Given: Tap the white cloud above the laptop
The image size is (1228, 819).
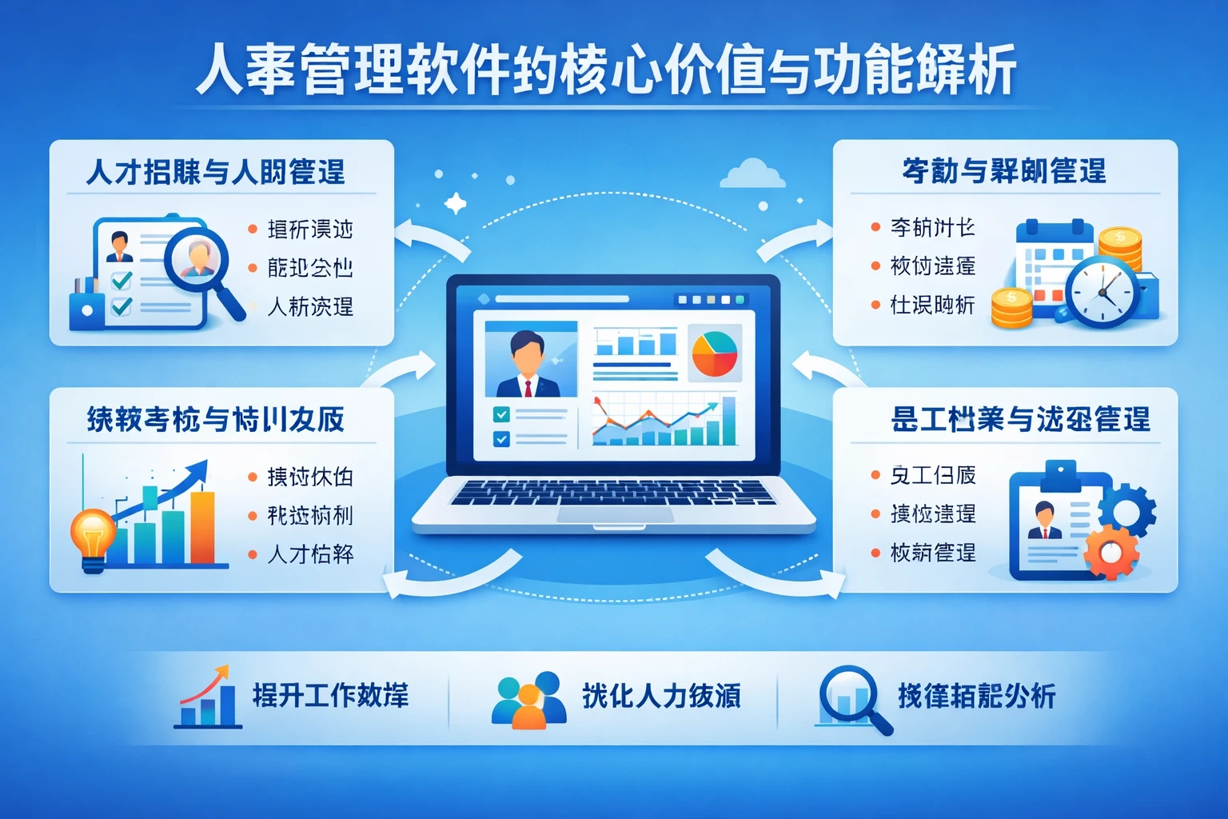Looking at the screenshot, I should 752,174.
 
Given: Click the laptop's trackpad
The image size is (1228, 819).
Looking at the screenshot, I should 614,513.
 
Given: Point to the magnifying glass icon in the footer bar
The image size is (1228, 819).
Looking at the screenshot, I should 852,697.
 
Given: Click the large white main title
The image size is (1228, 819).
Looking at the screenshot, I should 607,70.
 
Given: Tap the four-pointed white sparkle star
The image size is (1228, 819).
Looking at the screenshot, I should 455,203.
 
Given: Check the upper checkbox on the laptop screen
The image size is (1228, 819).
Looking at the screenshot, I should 501,414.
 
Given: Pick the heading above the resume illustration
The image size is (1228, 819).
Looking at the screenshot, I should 216,172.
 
